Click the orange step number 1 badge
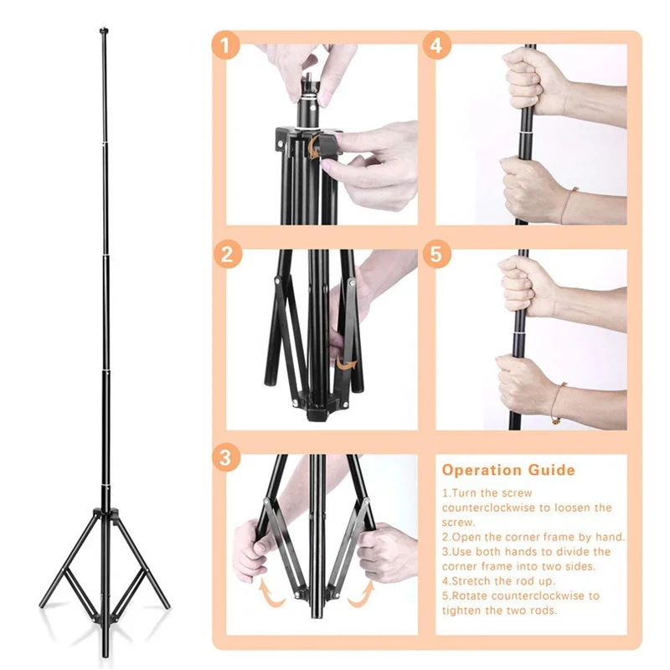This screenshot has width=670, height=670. point(226,45)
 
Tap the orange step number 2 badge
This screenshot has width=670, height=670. point(228,255)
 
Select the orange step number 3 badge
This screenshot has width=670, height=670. point(226,457)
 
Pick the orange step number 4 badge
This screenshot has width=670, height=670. point(437,45)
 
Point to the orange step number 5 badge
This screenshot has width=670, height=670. point(436,255)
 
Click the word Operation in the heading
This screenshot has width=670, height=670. point(482,471)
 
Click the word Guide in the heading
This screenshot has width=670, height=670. point(552,470)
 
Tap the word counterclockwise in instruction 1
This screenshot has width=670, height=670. point(488,508)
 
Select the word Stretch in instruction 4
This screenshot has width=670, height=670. point(471,581)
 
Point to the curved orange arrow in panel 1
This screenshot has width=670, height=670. point(315,147)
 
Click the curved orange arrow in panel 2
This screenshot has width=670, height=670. point(347,363)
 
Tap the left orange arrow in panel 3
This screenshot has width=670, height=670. point(270,592)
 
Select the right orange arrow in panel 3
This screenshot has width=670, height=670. point(362,593)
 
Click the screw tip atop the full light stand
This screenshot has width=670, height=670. point(103,31)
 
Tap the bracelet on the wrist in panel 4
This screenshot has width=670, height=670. point(569,204)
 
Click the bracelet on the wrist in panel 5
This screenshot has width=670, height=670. point(558,403)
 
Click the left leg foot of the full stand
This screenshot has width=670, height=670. point(43,604)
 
